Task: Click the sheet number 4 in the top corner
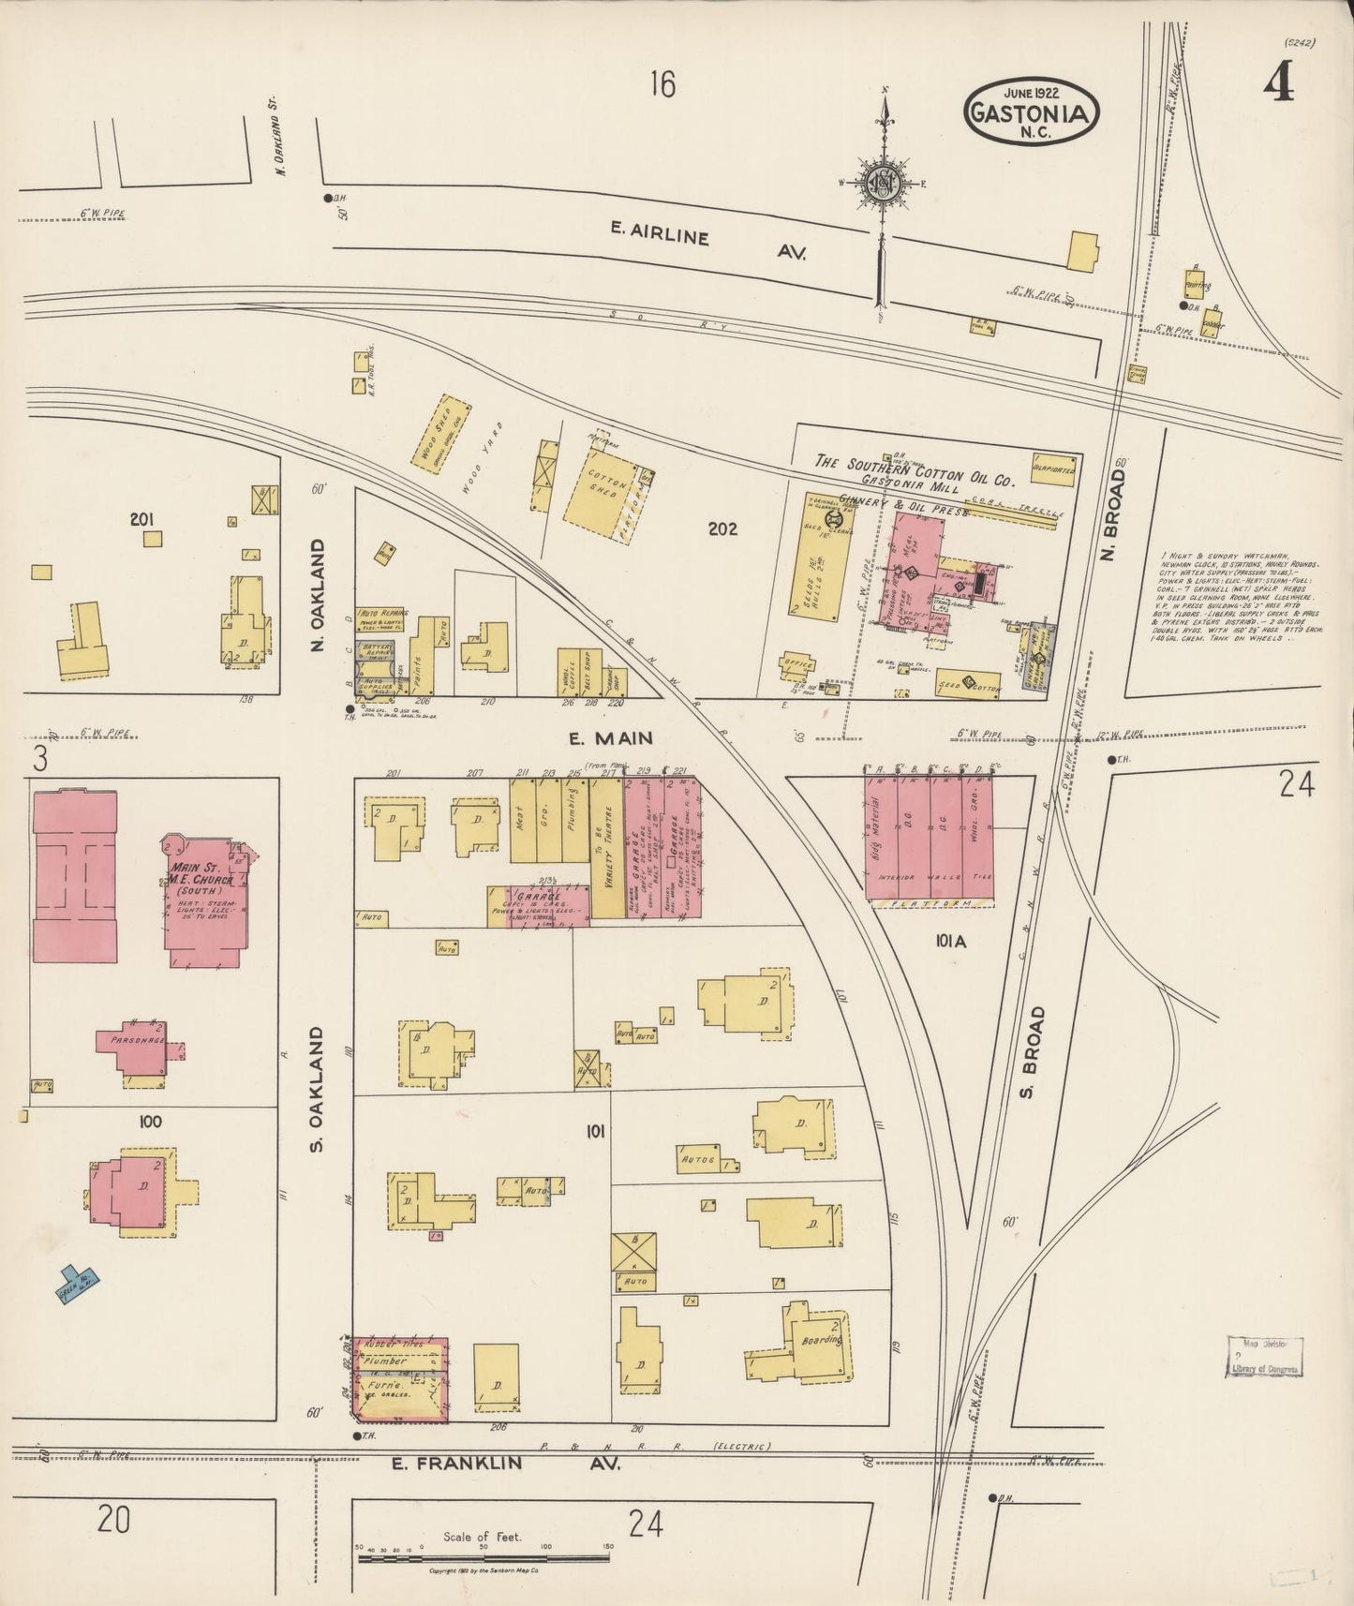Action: coord(1278,86)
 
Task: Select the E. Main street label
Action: coord(610,738)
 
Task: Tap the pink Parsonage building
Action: coord(137,1045)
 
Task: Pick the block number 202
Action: coord(722,529)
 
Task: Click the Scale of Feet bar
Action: coord(484,1559)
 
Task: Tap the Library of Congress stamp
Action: coord(1265,1358)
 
